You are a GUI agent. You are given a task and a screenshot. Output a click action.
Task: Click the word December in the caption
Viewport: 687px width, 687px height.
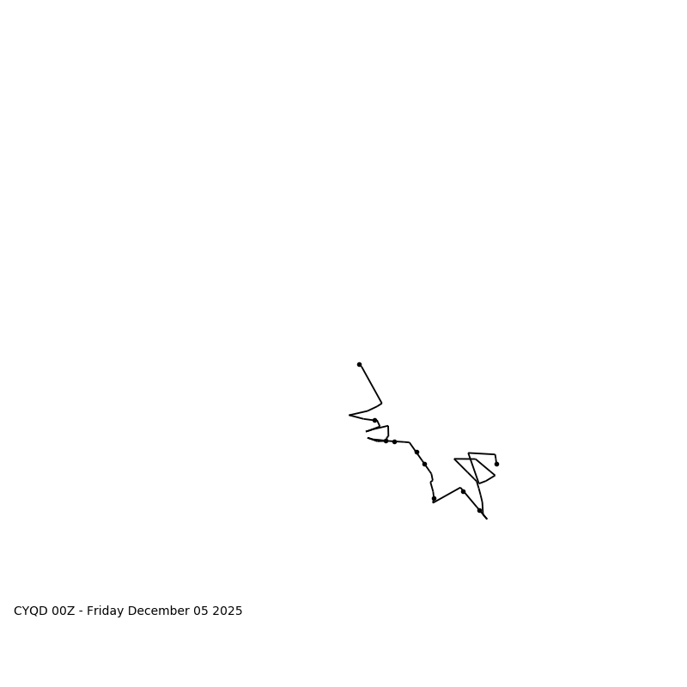(x=161, y=611)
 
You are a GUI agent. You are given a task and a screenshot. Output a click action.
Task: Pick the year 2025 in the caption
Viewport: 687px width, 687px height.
(x=229, y=611)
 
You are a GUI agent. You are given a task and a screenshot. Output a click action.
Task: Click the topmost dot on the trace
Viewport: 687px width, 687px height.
(x=359, y=364)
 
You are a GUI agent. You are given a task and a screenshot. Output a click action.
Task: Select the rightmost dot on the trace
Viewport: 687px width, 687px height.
(x=496, y=464)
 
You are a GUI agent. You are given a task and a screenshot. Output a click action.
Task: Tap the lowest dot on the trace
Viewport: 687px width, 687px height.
(x=479, y=510)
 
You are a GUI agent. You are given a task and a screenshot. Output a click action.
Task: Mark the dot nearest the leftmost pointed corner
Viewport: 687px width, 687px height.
(x=374, y=420)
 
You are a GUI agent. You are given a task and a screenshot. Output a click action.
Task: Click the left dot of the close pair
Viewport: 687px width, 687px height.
(x=386, y=441)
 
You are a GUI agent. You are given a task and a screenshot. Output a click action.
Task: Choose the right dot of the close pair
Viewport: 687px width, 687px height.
(x=394, y=441)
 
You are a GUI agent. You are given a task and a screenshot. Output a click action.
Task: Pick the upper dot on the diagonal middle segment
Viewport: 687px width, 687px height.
(x=416, y=452)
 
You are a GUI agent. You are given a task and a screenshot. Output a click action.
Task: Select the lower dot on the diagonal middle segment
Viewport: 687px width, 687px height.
(x=424, y=464)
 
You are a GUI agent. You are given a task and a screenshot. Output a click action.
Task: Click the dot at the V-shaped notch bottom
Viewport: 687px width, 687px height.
(x=434, y=498)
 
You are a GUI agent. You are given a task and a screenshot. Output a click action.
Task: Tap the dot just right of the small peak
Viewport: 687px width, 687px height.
(x=463, y=491)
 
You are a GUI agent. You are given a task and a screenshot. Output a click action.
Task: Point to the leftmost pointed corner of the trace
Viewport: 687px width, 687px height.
(x=350, y=415)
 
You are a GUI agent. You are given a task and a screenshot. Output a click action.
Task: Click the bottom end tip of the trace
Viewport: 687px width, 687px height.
(x=486, y=519)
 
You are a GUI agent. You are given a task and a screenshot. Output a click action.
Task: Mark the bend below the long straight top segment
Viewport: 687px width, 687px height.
(x=381, y=403)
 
